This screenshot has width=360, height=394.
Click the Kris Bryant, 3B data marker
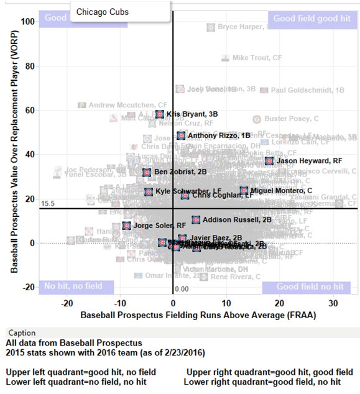click(x=160, y=114)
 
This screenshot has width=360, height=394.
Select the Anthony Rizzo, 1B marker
click(x=181, y=135)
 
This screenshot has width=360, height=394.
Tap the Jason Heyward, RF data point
click(x=269, y=161)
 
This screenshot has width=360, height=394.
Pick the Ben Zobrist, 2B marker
click(x=147, y=172)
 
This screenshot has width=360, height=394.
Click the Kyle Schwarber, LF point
click(x=149, y=191)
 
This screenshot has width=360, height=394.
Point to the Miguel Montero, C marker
click(x=244, y=191)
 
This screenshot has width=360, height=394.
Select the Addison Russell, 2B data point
click(x=196, y=220)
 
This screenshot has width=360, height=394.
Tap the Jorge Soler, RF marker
click(x=127, y=226)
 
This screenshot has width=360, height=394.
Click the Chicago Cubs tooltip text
click(x=98, y=12)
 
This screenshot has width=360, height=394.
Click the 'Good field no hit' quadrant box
click(x=309, y=286)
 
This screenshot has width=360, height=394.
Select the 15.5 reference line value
click(x=48, y=203)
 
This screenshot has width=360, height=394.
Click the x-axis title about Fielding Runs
click(x=198, y=315)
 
